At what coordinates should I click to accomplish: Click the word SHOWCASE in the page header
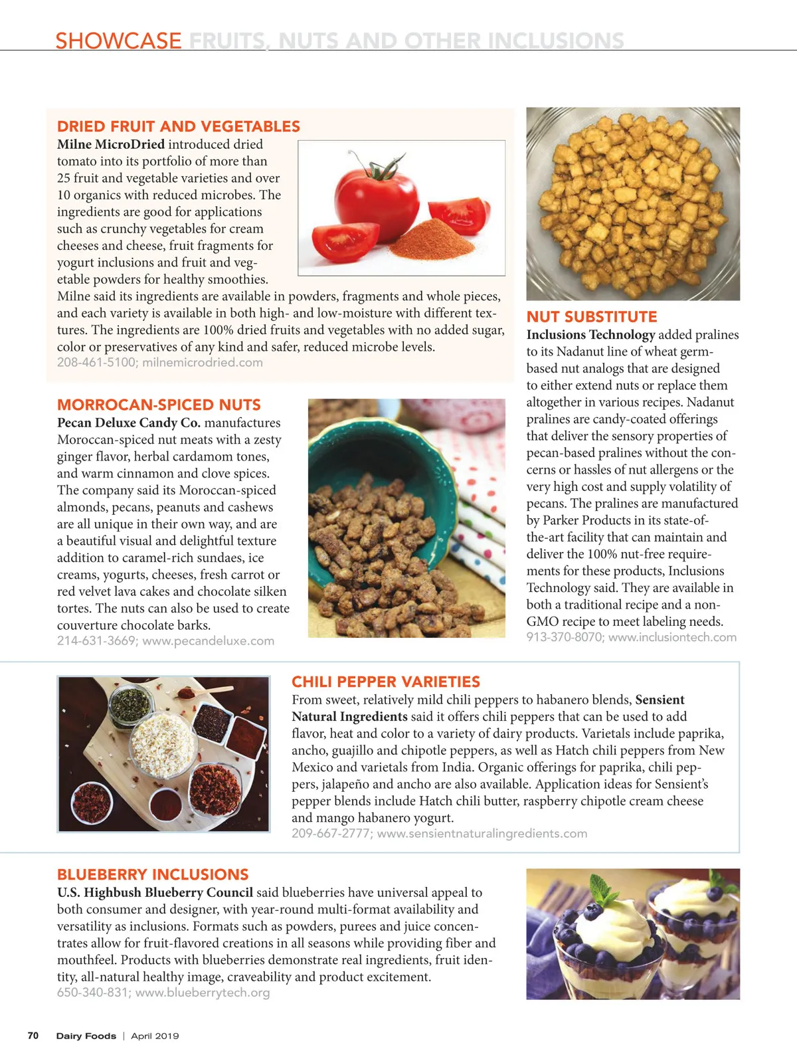pos(118,41)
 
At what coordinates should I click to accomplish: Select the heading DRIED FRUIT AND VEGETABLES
pos(179,126)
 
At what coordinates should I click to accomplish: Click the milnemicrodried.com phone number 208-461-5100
pos(96,363)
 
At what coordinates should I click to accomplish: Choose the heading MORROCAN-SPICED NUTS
pos(159,405)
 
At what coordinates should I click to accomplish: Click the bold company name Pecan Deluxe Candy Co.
pos(129,423)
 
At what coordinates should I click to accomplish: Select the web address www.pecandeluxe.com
pos(208,641)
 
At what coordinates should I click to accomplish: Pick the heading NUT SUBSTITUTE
pos(592,317)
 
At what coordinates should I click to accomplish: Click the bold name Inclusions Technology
pos(590,335)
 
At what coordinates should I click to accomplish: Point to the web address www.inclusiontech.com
pos(672,637)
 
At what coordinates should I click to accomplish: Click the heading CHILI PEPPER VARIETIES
pos(386,682)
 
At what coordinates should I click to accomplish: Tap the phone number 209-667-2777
pos(331,834)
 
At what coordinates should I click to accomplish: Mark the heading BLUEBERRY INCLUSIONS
pos(153,874)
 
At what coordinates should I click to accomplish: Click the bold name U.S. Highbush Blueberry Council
pos(155,892)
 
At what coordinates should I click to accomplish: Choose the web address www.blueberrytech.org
pos(203,993)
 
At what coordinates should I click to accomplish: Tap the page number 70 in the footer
pos(33,1036)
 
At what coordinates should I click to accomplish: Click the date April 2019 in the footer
pos(155,1036)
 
